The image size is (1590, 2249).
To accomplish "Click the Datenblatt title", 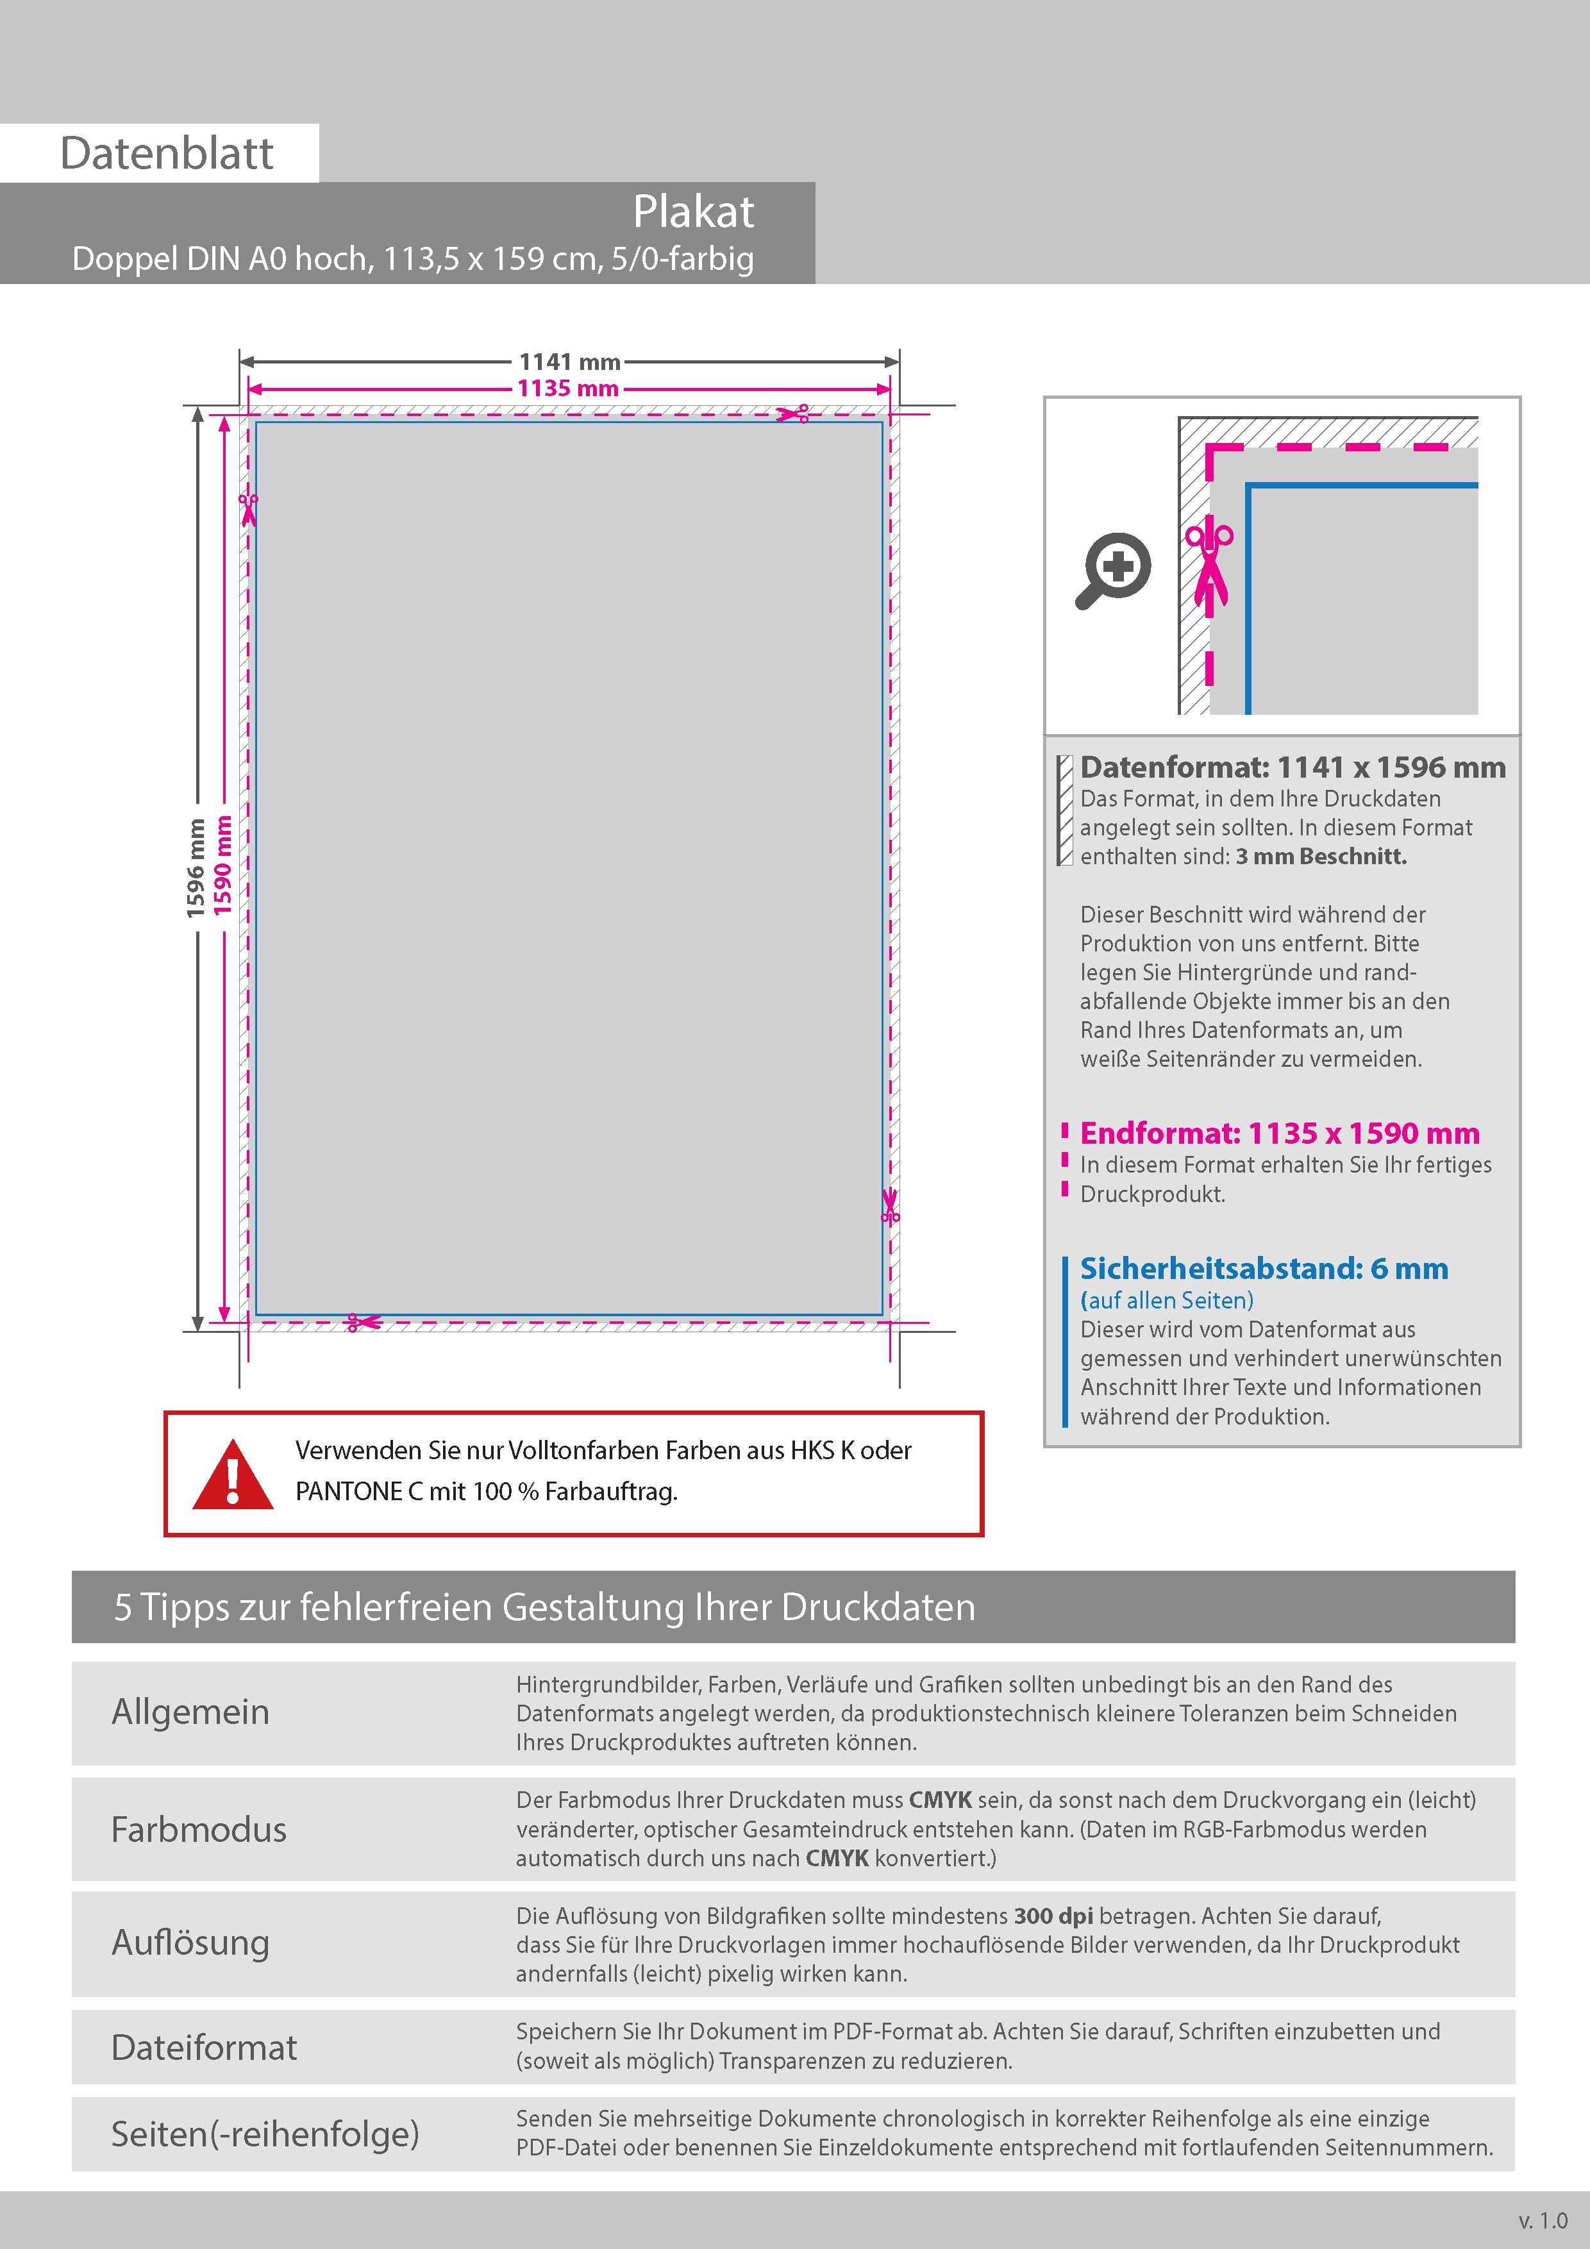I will pyautogui.click(x=167, y=154).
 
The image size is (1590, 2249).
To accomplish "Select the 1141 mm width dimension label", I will pyautogui.click(x=569, y=362).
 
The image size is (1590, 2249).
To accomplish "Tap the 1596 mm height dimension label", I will pyautogui.click(x=196, y=868).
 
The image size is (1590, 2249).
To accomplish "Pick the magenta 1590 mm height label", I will pyautogui.click(x=223, y=866).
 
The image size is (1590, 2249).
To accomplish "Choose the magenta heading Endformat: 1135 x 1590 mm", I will pyautogui.click(x=1280, y=1133).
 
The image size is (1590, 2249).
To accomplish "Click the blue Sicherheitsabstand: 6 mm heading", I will pyautogui.click(x=1264, y=1269).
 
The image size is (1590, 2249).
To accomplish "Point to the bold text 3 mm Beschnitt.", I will pyautogui.click(x=1321, y=856).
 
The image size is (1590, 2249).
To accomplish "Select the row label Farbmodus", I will pyautogui.click(x=199, y=1830).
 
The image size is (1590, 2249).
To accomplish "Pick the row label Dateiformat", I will pyautogui.click(x=204, y=2047).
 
